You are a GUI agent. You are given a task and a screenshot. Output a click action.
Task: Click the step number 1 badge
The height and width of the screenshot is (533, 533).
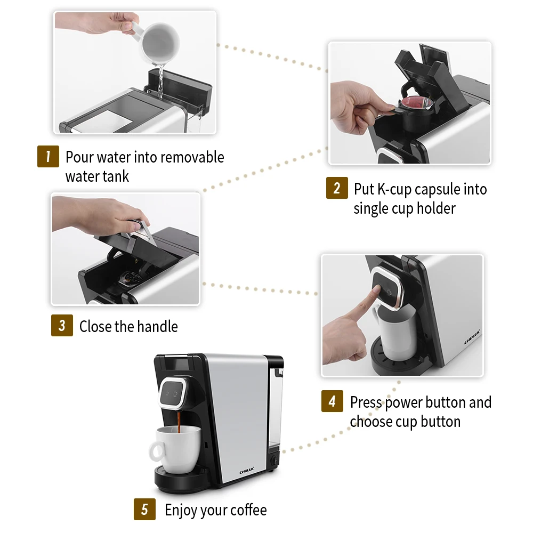[x=48, y=157]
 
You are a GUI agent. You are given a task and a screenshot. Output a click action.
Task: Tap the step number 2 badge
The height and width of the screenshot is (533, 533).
[x=337, y=188]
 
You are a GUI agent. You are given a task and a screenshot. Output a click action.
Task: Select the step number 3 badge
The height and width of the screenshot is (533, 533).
[x=62, y=326]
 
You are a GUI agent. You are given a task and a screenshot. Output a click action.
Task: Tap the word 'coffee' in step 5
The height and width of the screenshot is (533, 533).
[x=247, y=510]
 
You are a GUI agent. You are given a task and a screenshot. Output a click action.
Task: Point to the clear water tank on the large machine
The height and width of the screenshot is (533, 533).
[x=274, y=410]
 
